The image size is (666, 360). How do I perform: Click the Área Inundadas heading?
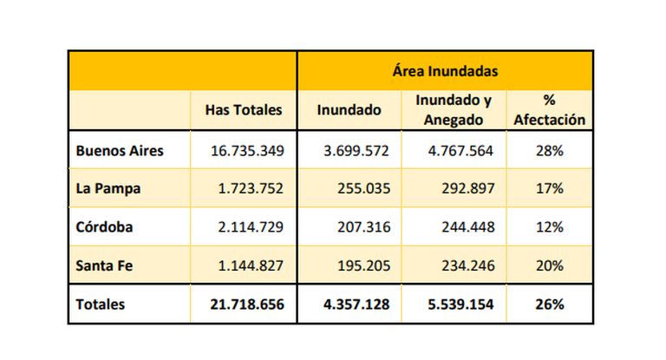pyautogui.click(x=446, y=70)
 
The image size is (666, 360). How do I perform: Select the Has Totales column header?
pyautogui.click(x=244, y=110)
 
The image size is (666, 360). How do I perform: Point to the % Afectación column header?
pyautogui.click(x=549, y=110)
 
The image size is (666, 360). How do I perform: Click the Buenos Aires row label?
pyautogui.click(x=120, y=150)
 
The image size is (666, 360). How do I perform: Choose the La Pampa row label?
pyautogui.click(x=108, y=188)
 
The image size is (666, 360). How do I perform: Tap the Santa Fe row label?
pyautogui.click(x=104, y=265)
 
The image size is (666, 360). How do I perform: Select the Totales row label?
pyautogui.click(x=101, y=304)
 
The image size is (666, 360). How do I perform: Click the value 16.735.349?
pyautogui.click(x=247, y=150)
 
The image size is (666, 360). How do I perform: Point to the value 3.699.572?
pyautogui.click(x=356, y=150)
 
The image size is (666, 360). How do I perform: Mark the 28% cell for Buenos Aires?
pyautogui.click(x=550, y=150)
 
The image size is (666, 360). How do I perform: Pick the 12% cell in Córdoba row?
pyautogui.click(x=550, y=226)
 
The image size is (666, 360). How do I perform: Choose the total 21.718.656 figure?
pyautogui.click(x=247, y=304)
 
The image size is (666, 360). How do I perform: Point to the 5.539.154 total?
pyautogui.click(x=455, y=304)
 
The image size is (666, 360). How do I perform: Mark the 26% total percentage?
pyautogui.click(x=550, y=304)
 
